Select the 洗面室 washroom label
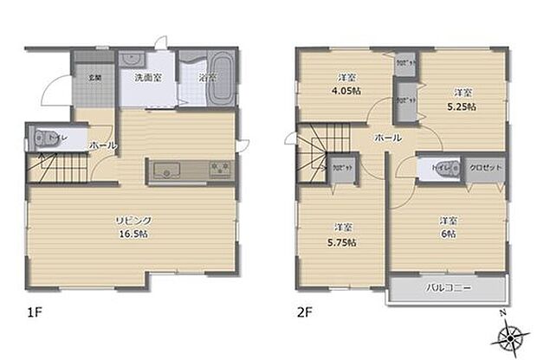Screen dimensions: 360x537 (x=146, y=77)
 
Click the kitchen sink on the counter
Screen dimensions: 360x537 (x=165, y=170)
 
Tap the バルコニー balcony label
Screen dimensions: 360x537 (x=446, y=289)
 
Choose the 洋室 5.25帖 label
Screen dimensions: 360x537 (x=463, y=99)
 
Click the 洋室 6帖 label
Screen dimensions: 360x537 (x=447, y=227)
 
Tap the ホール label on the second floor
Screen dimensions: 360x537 (x=387, y=138)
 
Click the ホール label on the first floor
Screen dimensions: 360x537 (x=102, y=146)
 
